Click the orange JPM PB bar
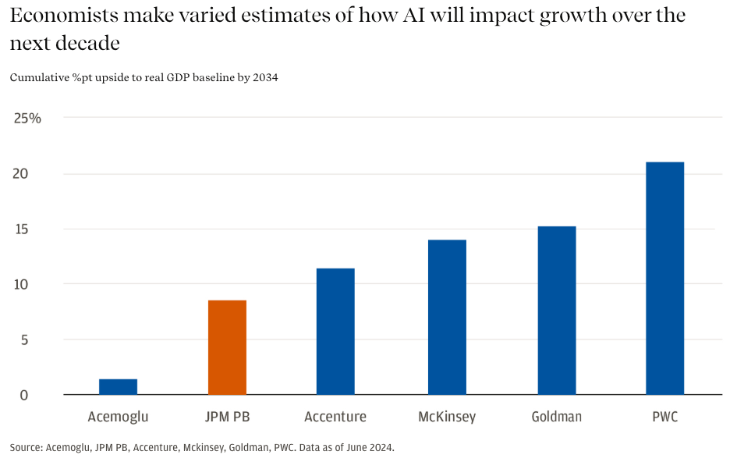point(227,347)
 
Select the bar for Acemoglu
point(118,386)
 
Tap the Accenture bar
point(335,331)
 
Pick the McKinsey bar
point(447,317)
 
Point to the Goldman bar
point(557,310)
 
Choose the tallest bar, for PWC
point(664,278)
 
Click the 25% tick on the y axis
point(27,118)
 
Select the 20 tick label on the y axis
point(20,173)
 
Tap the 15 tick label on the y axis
point(20,229)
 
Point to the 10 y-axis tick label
point(20,284)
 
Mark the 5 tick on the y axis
point(24,339)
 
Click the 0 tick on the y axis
point(24,395)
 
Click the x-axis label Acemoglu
point(118,417)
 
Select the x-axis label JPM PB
point(227,417)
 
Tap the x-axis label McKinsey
point(447,417)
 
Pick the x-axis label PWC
point(664,417)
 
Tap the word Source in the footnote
point(25,448)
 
